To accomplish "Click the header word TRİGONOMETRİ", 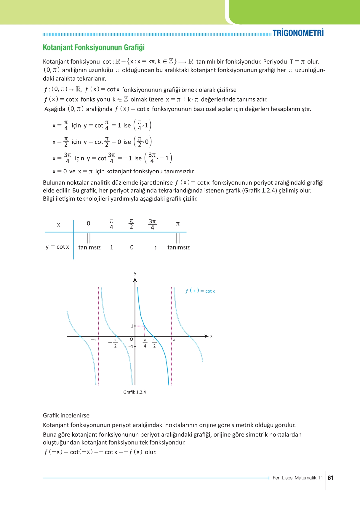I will pos(298,33).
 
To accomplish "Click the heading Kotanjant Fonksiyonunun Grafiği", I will pos(94,47).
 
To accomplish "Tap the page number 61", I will pos(331,478).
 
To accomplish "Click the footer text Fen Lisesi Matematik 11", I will pos(297,478).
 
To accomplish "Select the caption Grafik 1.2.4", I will pos(135,392).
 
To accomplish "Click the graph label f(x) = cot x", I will pos(200,291).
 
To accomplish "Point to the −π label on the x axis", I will pos(94,340).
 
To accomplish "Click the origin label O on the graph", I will pos(131,340).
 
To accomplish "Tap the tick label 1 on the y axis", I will pos(132,326).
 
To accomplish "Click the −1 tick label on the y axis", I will pos(131,347).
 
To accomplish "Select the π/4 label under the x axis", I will pos(145,343).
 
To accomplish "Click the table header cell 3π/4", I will pos(152,224).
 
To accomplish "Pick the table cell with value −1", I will pos(153,248).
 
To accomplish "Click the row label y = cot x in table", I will pos(57,247).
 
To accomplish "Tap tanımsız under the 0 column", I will pos(89,247).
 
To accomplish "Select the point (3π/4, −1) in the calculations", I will pos(158,158).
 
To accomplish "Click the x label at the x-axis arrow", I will pos(211,336).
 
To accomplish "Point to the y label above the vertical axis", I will pos(135,273).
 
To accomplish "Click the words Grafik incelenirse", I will pos(66,415).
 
